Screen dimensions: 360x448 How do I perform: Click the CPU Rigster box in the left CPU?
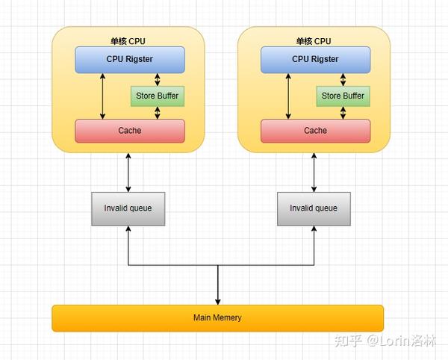coord(129,59)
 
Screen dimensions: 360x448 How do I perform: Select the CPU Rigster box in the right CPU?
coord(315,59)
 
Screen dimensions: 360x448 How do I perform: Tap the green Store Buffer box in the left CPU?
coord(157,96)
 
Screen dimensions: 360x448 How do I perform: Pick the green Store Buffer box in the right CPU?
coord(343,96)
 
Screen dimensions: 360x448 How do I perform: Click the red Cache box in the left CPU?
coord(129,131)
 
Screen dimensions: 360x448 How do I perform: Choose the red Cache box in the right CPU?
coord(315,131)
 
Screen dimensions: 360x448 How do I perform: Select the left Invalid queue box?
coord(128,208)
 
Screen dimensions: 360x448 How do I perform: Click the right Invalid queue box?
coord(314,208)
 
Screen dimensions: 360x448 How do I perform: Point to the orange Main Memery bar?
coord(217,317)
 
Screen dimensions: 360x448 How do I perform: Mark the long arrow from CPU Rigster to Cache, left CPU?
coord(103,96)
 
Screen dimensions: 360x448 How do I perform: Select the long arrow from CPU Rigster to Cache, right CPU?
coord(288,96)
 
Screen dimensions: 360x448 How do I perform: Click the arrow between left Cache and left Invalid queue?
coord(128,172)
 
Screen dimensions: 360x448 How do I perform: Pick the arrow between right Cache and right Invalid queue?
coord(314,172)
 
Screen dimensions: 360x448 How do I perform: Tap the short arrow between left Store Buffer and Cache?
coord(157,113)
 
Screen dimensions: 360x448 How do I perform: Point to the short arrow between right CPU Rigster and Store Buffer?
coord(343,80)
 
